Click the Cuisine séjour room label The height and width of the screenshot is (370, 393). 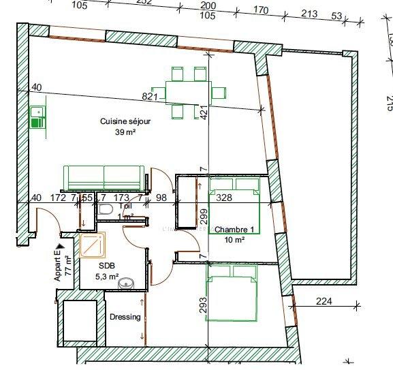point(125,121)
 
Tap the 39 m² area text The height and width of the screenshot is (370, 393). point(125,132)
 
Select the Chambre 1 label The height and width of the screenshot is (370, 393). point(234,230)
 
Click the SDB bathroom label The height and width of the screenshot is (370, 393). point(106,266)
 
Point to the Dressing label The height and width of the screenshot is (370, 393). point(125,317)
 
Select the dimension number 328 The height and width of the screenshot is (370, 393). point(224,198)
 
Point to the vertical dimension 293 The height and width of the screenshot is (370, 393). point(202,304)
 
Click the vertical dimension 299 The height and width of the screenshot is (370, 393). point(202,218)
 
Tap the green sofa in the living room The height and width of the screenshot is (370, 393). point(104,178)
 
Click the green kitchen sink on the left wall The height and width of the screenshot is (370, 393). point(37,118)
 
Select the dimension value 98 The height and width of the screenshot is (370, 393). point(161,198)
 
